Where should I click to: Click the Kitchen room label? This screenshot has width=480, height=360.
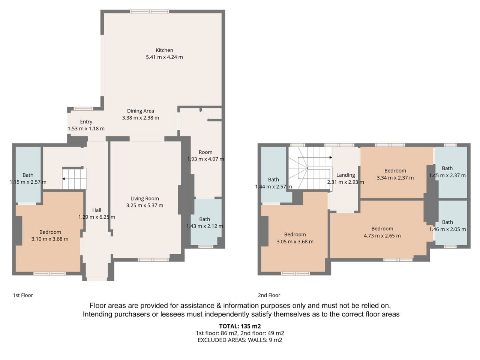pos(164,50)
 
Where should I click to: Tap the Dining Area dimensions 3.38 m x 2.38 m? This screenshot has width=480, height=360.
pos(141,118)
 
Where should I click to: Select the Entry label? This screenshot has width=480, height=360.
pos(86,122)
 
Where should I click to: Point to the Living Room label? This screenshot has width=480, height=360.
pos(145,198)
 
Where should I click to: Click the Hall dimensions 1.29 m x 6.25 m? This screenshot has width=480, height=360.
pos(97,217)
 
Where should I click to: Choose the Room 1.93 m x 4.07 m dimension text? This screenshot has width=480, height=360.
pos(205,159)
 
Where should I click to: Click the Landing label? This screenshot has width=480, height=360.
pos(345,175)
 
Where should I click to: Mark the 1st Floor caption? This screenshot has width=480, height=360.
pos(23,295)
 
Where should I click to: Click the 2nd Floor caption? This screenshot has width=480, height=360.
pos(269,295)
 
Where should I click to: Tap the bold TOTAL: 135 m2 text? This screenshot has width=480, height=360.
pos(240,326)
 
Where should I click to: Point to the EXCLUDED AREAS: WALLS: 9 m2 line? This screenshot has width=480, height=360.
pos(240,340)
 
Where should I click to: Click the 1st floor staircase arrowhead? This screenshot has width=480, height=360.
pos(63,179)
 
